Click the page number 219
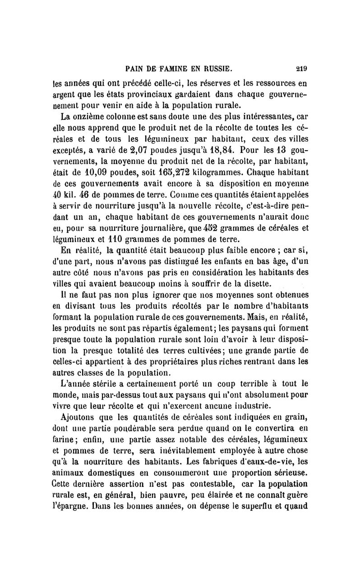301,69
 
